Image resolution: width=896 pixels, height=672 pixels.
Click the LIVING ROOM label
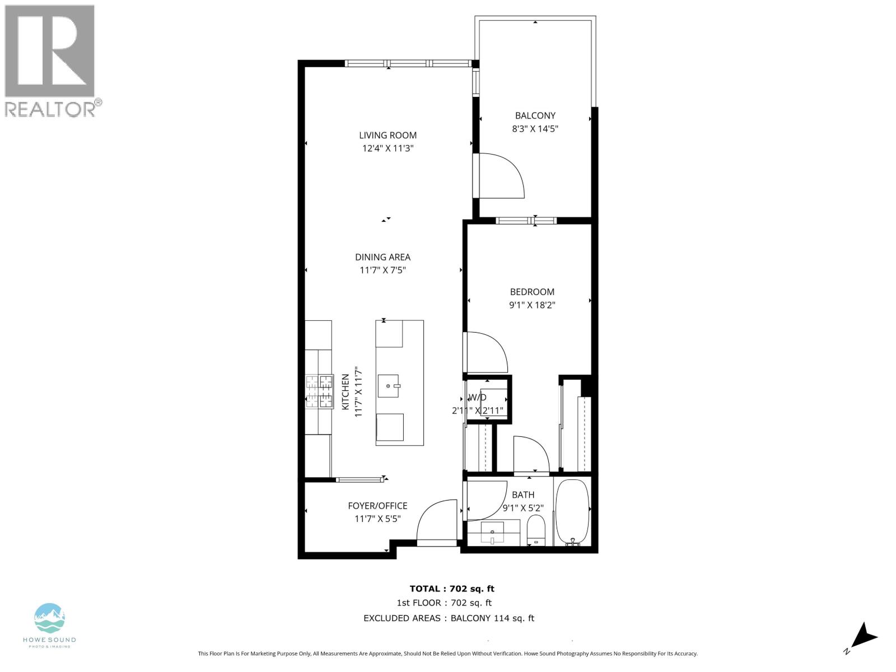pos(388,135)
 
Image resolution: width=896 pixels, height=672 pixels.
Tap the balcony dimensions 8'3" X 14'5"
pos(535,129)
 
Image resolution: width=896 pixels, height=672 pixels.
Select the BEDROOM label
pos(531,292)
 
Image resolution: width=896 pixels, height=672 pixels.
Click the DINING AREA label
pos(382,257)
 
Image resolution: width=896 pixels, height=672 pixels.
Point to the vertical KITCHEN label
pos(346,392)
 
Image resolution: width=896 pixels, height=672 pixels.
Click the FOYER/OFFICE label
pos(377,506)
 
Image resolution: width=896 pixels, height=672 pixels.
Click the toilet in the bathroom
pos(536,530)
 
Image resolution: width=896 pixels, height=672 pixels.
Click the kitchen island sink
pos(388,385)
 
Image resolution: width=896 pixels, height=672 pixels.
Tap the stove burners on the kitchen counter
pos(319,391)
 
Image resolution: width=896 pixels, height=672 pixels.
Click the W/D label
pos(477,398)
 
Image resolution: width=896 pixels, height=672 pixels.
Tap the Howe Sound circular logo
pos(50,618)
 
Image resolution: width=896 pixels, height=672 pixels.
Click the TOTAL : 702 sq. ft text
pos(452,589)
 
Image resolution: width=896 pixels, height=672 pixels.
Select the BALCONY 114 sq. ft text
pos(492,618)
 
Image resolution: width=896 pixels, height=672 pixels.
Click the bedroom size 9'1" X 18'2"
pos(531,305)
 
